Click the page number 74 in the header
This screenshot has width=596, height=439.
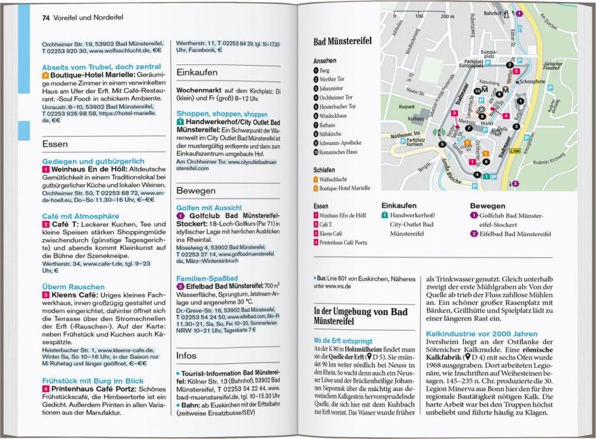[x=46, y=18]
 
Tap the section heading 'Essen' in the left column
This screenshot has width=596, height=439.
[x=54, y=144]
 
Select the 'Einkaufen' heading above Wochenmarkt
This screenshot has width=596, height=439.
[x=196, y=72]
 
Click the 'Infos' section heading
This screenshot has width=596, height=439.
[x=186, y=355]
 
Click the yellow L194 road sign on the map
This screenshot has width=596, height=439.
[x=514, y=150]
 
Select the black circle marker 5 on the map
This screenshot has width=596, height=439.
[x=442, y=144]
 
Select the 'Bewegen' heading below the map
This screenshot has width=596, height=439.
[x=487, y=205]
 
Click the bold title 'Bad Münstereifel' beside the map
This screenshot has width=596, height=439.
[x=342, y=41]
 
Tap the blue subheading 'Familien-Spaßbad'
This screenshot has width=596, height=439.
[x=207, y=278]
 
